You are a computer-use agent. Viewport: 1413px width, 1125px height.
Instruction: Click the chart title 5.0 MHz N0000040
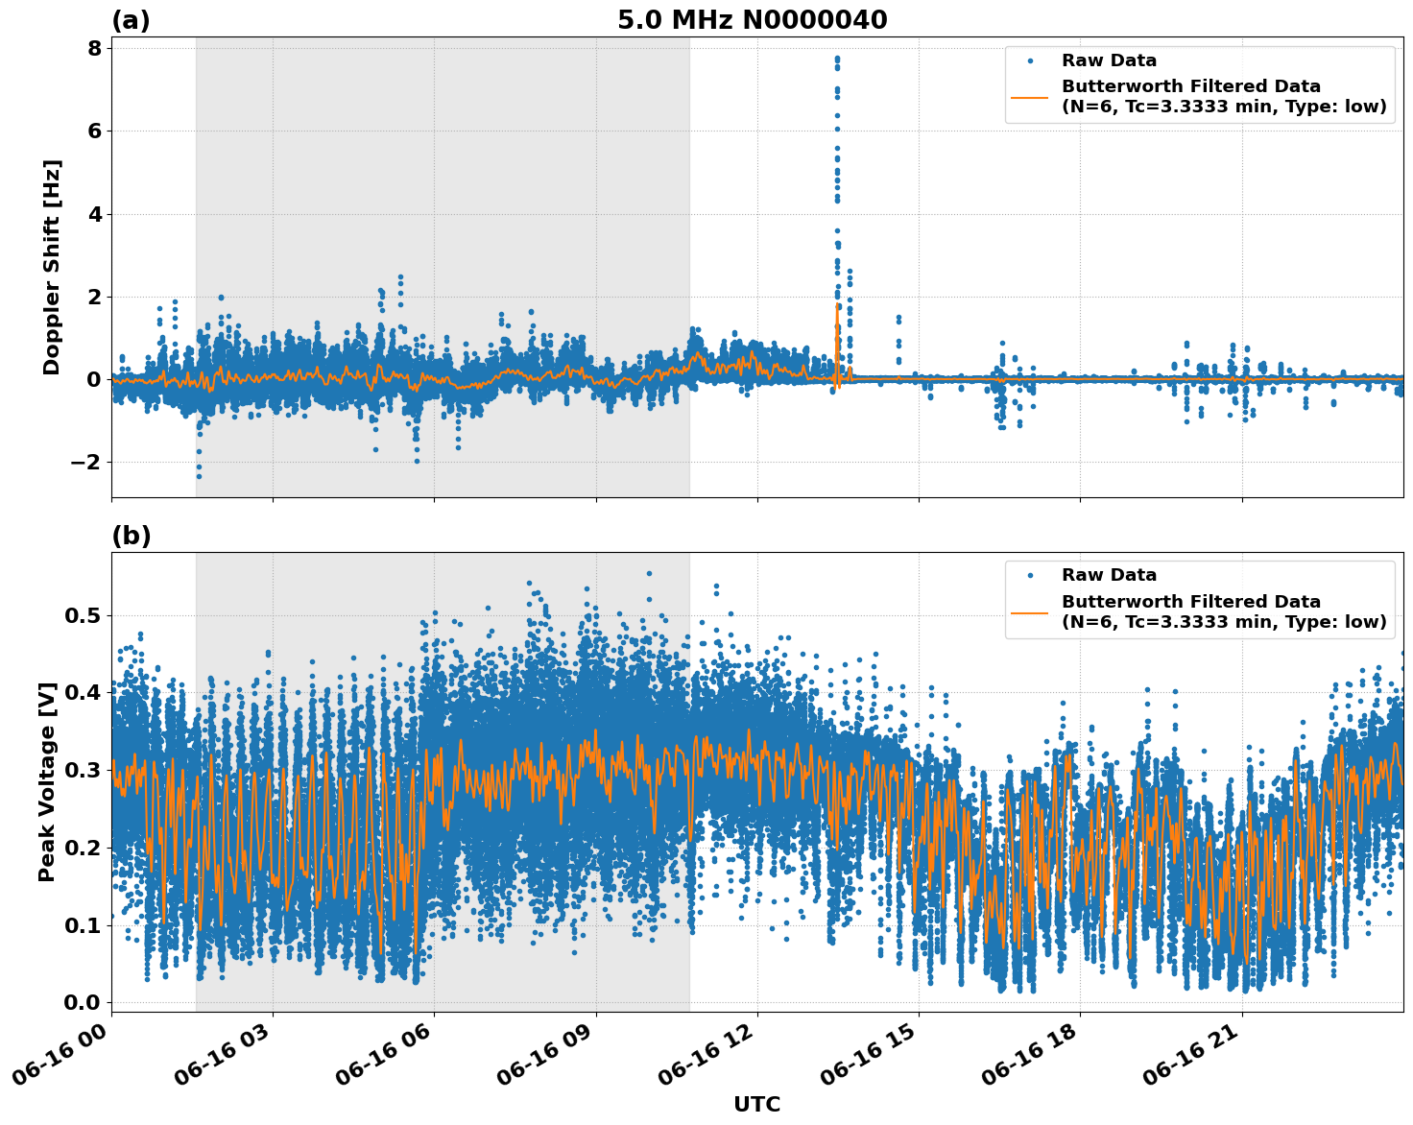(x=752, y=20)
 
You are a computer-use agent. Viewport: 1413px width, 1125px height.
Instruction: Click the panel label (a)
(x=131, y=20)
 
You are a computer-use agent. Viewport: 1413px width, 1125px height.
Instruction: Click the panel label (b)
(x=131, y=536)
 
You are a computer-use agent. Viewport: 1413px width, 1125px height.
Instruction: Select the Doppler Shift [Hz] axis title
(x=52, y=267)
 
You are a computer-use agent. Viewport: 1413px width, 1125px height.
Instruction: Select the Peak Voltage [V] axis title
(x=47, y=781)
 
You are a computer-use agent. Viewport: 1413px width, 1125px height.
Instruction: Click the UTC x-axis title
(x=756, y=1104)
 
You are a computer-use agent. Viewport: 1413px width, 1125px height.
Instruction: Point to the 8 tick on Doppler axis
(x=94, y=48)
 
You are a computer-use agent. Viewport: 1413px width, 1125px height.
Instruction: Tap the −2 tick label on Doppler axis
(x=86, y=463)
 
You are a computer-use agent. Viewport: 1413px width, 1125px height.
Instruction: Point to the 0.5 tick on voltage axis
(x=82, y=615)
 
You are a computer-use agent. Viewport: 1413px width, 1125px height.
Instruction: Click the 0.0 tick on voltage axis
(x=82, y=1002)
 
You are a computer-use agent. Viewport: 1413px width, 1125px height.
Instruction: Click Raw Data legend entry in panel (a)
(x=1109, y=60)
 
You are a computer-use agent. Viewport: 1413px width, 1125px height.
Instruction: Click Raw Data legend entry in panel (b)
(x=1109, y=575)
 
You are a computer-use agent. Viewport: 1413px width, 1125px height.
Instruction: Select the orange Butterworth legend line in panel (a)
(x=1030, y=97)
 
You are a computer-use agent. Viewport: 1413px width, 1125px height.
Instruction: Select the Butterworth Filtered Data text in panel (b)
(x=1190, y=602)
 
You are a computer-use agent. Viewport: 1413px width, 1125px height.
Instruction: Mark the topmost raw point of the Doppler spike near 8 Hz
(x=837, y=58)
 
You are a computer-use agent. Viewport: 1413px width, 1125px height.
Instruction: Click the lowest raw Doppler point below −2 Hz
(x=199, y=476)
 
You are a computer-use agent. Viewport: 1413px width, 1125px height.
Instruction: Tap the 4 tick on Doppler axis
(x=94, y=214)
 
